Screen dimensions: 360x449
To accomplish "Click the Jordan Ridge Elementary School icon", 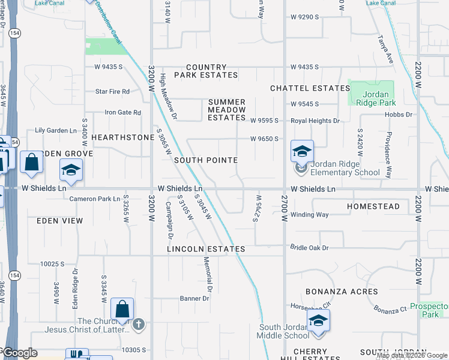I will (x=302, y=151).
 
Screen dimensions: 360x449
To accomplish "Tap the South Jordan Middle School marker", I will (x=318, y=321).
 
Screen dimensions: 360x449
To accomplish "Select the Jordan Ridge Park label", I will (x=376, y=98).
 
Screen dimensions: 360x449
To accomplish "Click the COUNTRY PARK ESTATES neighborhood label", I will (x=206, y=71).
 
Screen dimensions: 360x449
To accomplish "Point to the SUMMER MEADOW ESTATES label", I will (x=227, y=110).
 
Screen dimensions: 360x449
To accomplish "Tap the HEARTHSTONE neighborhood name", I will (x=123, y=137).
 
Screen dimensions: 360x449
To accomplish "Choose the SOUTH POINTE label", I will (x=206, y=161).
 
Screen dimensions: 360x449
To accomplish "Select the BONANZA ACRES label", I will (x=342, y=292).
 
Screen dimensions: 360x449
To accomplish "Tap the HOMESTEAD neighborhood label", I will (x=373, y=206).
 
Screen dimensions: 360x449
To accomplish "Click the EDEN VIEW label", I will (x=59, y=221).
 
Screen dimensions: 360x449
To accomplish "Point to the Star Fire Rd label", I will (x=113, y=92).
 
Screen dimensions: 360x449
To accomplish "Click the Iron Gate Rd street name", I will (x=123, y=112).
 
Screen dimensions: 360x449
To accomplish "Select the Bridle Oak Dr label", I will (x=310, y=247).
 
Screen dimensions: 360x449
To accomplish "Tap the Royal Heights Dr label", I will (x=315, y=121).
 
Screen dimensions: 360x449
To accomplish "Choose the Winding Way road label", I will (x=310, y=214).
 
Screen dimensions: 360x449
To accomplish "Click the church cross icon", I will (x=139, y=325).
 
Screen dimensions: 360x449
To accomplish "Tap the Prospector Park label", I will (x=429, y=310).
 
